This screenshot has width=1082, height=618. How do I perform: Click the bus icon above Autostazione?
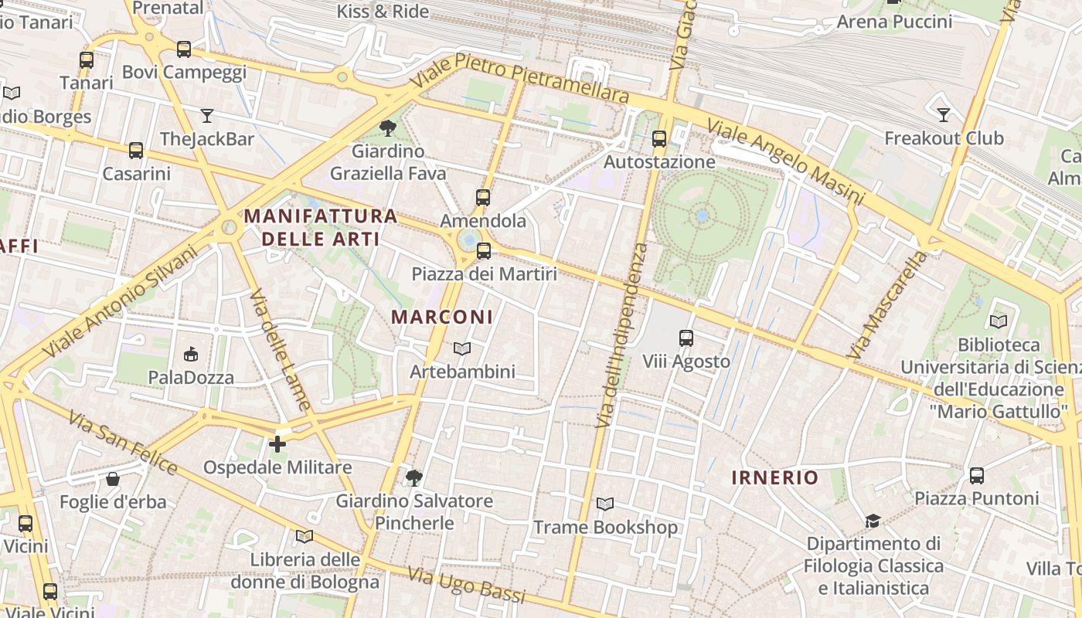[659, 139]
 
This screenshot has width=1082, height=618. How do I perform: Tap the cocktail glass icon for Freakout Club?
[944, 115]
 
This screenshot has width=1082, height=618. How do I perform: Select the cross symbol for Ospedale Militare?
[277, 444]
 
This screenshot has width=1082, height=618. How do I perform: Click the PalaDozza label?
[191, 378]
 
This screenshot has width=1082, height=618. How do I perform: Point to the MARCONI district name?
[442, 317]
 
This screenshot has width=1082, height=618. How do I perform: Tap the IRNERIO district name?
[775, 477]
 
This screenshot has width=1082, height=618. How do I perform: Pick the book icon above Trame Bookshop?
[605, 504]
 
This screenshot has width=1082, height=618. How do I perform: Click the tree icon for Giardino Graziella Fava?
[388, 127]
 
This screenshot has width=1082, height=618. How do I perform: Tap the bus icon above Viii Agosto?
[686, 338]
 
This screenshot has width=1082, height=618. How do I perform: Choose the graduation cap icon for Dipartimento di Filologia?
[873, 521]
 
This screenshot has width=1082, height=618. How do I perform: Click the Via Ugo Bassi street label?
[466, 586]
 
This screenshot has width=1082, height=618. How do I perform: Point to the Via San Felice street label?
[123, 443]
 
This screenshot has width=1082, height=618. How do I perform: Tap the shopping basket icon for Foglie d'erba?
[113, 479]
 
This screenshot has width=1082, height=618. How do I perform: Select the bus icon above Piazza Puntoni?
[977, 475]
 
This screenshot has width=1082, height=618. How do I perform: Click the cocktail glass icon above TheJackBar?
[207, 116]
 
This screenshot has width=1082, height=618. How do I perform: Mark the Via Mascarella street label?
[886, 304]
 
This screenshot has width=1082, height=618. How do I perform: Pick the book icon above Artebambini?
[462, 349]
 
